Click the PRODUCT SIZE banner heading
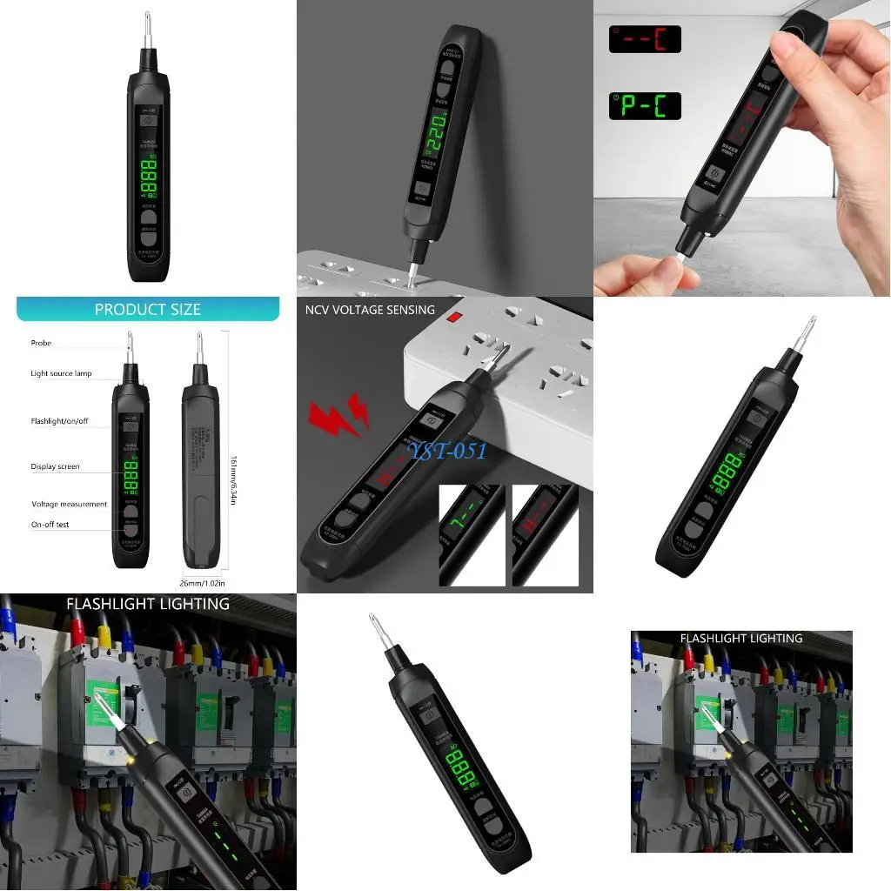click(147, 310)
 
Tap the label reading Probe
click(41, 343)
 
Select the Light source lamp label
click(61, 373)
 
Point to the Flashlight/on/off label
click(59, 421)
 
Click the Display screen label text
click(55, 466)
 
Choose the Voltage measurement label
click(69, 504)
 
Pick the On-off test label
click(50, 525)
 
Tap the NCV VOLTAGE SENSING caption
click(370, 310)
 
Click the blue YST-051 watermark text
click(449, 450)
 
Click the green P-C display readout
click(644, 106)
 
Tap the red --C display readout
click(644, 39)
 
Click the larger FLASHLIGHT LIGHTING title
click(148, 603)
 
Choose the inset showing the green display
click(472, 534)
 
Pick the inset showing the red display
click(545, 534)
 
